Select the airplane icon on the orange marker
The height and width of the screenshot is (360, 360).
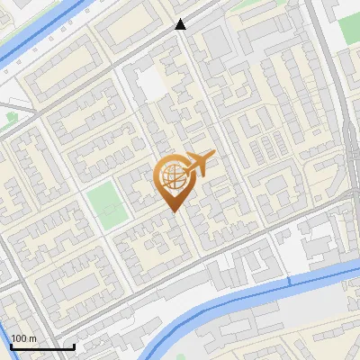point(198,165)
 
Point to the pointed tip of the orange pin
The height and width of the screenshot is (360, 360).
point(173,211)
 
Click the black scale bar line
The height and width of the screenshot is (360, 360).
point(41,346)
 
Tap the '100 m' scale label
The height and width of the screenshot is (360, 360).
point(23,338)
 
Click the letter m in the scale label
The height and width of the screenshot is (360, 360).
point(32,338)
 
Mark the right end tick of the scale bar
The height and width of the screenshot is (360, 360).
point(74,346)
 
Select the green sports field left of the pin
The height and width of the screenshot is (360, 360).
point(104,203)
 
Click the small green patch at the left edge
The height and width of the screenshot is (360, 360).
point(10,118)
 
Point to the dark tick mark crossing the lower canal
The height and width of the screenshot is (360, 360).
point(290,283)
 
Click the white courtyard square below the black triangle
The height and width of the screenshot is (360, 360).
point(150,84)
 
